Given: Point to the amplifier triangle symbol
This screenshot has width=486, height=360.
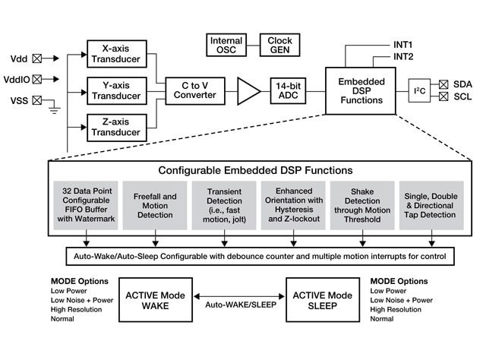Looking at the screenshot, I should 248,90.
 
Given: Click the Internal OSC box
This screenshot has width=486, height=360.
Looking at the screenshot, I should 226,45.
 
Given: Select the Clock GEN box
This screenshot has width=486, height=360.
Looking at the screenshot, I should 279,45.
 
